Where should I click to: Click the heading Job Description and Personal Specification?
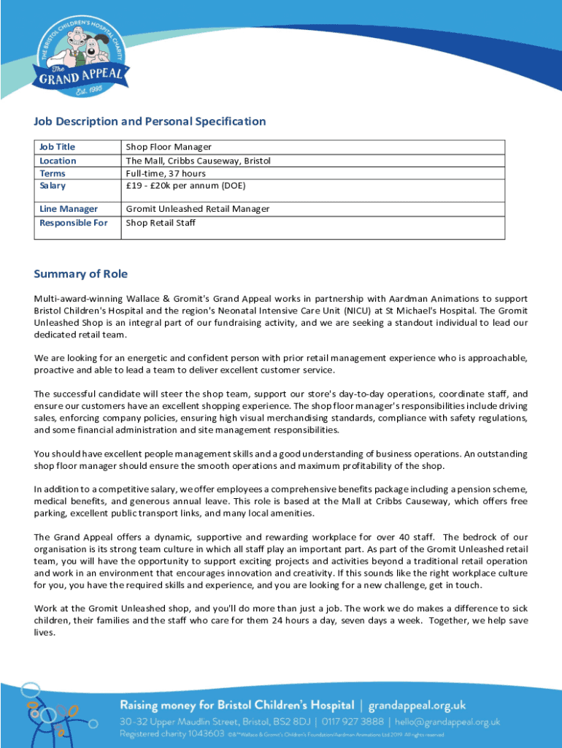click(150, 121)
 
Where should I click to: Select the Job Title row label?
click(57, 147)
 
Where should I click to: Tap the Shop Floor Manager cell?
click(169, 147)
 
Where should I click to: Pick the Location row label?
click(58, 161)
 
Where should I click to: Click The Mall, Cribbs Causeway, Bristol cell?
click(198, 161)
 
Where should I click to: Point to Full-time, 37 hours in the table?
click(166, 173)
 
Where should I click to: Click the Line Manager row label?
click(69, 209)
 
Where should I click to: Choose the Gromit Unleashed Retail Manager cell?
click(198, 209)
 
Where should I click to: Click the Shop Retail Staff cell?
click(161, 222)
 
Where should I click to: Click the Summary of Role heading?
click(80, 274)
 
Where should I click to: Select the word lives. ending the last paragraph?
click(45, 633)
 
